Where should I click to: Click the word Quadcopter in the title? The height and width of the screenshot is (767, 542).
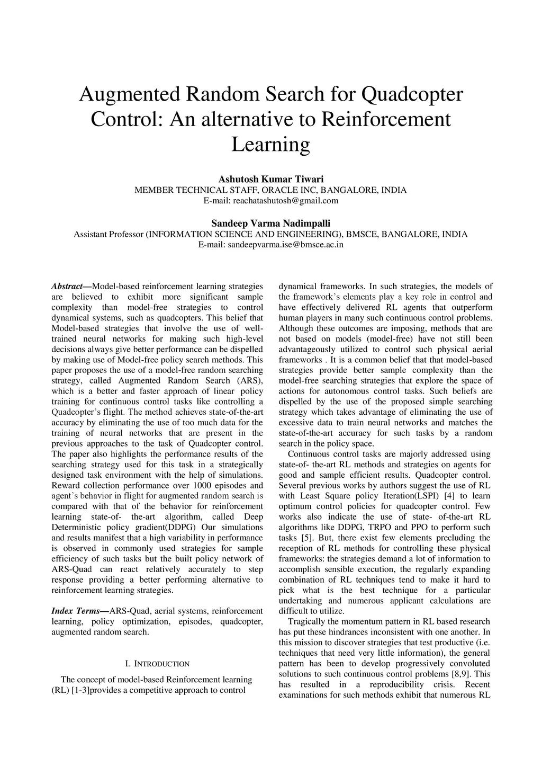tap(411, 94)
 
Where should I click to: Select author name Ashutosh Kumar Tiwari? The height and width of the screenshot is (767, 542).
tap(270, 180)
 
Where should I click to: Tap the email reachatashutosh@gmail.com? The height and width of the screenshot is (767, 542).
tap(270, 201)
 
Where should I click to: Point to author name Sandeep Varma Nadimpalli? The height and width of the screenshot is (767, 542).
tap(270, 223)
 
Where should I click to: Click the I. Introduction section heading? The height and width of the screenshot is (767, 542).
tap(157, 664)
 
